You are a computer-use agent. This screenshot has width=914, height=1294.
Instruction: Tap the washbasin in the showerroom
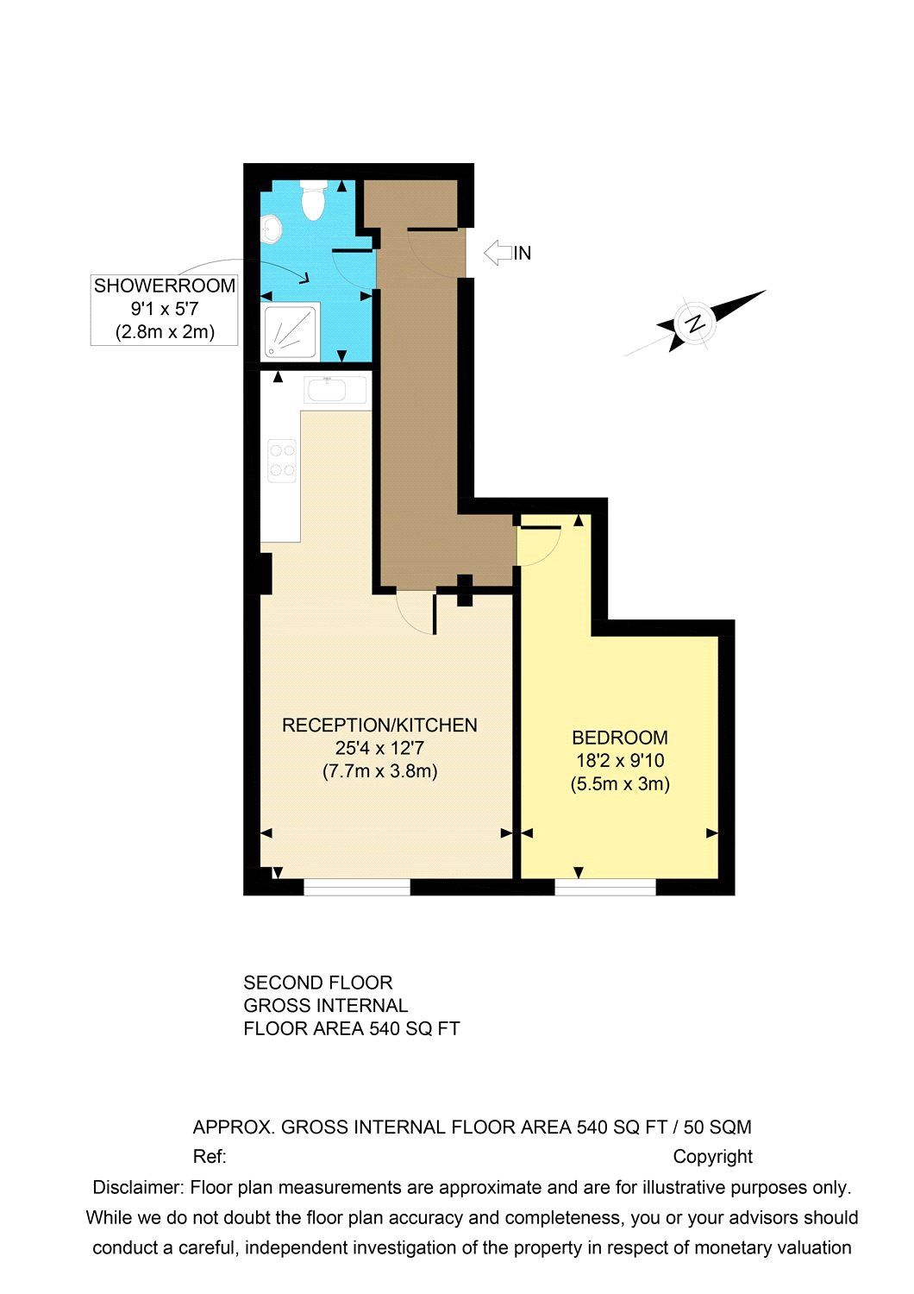pyautogui.click(x=272, y=229)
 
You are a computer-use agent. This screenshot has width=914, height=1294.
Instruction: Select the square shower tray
pyautogui.click(x=291, y=330)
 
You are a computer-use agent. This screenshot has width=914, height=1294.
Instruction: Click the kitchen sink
pyautogui.click(x=335, y=390)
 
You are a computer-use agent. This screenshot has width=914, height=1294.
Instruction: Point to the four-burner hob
pyautogui.click(x=282, y=460)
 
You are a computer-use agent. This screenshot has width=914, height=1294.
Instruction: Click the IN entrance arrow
pyautogui.click(x=498, y=253)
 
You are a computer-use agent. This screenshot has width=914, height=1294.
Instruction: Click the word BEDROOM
pyautogui.click(x=620, y=738)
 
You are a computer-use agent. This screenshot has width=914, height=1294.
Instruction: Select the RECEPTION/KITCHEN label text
pyautogui.click(x=379, y=726)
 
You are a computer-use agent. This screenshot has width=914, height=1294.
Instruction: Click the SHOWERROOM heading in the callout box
pyautogui.click(x=164, y=286)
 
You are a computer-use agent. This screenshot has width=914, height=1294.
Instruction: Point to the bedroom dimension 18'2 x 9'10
pyautogui.click(x=620, y=761)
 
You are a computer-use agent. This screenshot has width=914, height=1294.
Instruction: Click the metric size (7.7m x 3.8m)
pyautogui.click(x=379, y=771)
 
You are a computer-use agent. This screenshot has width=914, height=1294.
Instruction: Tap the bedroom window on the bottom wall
pyautogui.click(x=605, y=888)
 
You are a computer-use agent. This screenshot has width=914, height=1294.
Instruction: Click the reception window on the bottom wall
pyautogui.click(x=357, y=888)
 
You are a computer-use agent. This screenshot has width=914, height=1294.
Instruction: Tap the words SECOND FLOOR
pyautogui.click(x=318, y=983)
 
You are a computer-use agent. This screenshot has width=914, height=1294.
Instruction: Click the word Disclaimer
pyautogui.click(x=136, y=1187)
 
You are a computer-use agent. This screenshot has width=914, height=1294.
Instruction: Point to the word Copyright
pyautogui.click(x=713, y=1157)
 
